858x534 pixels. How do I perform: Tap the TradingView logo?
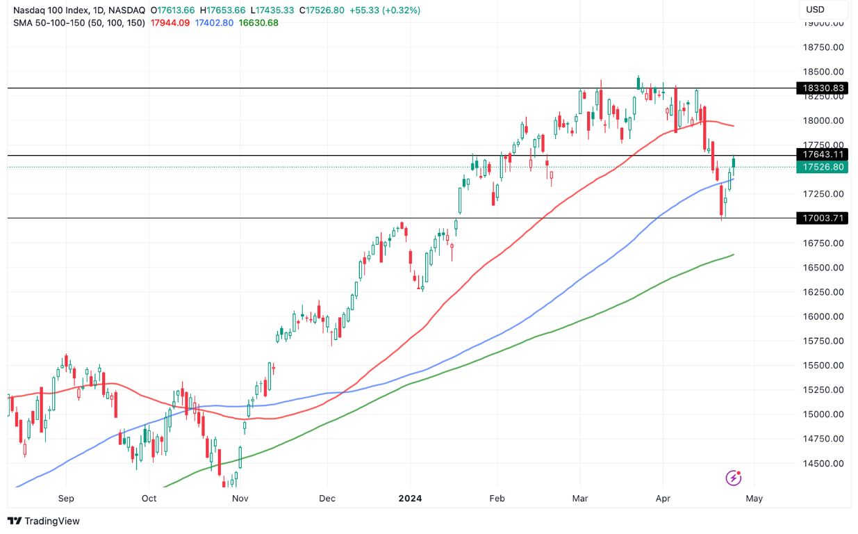(x=43, y=521)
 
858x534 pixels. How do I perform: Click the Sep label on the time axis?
(x=66, y=499)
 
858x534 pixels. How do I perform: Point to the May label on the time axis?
(x=754, y=499)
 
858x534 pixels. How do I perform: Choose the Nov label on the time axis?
(x=240, y=499)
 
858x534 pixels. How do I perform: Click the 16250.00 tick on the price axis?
(x=823, y=292)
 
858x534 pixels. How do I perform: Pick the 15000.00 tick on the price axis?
(x=823, y=414)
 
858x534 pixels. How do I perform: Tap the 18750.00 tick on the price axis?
(x=823, y=47)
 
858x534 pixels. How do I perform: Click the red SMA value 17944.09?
(x=171, y=23)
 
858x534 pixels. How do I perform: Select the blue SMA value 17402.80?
(x=215, y=23)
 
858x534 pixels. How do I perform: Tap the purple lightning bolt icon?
(x=733, y=478)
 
